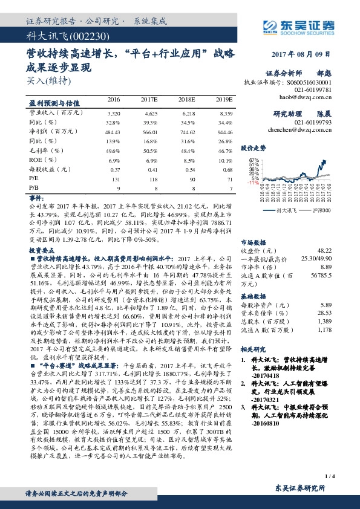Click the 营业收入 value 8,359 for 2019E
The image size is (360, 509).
(x=225, y=113)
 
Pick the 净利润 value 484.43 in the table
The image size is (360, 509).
(x=113, y=131)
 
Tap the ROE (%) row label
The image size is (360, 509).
(x=39, y=160)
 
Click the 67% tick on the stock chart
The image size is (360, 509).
(x=253, y=160)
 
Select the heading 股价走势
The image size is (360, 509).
(x=254, y=148)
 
